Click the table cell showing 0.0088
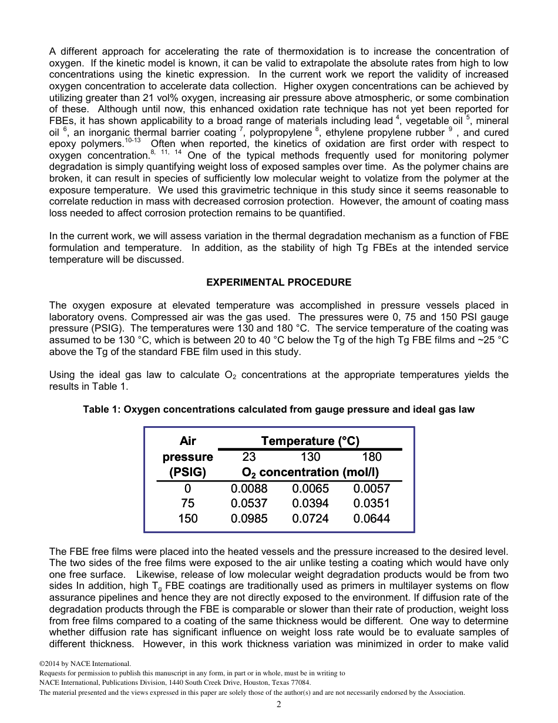coord(249,488)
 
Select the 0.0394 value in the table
coord(310,503)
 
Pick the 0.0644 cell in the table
coord(371,518)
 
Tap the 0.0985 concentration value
coord(249,518)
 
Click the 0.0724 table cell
coord(310,518)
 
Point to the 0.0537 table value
coord(249,503)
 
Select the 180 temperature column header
coord(371,457)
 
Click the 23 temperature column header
coord(249,457)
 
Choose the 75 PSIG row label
coord(187,503)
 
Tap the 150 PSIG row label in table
coord(187,518)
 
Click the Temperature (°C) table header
coord(310,441)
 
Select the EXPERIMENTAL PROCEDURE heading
coord(278,282)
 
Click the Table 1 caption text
coord(278,409)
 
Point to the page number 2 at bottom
coord(279,704)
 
